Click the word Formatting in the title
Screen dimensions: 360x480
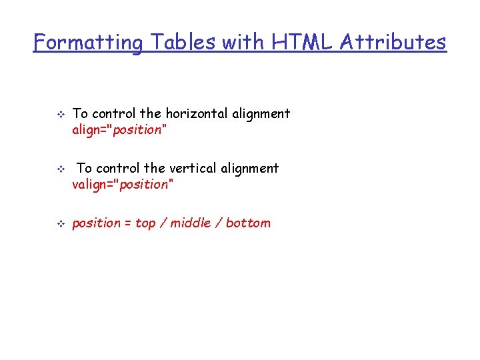coord(88,43)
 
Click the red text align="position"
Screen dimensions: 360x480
coord(119,130)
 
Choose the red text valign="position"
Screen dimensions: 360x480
coord(123,185)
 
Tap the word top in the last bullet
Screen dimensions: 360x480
coord(145,223)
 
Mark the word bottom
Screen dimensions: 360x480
coord(249,223)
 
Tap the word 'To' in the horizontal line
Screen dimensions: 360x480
coord(80,113)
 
